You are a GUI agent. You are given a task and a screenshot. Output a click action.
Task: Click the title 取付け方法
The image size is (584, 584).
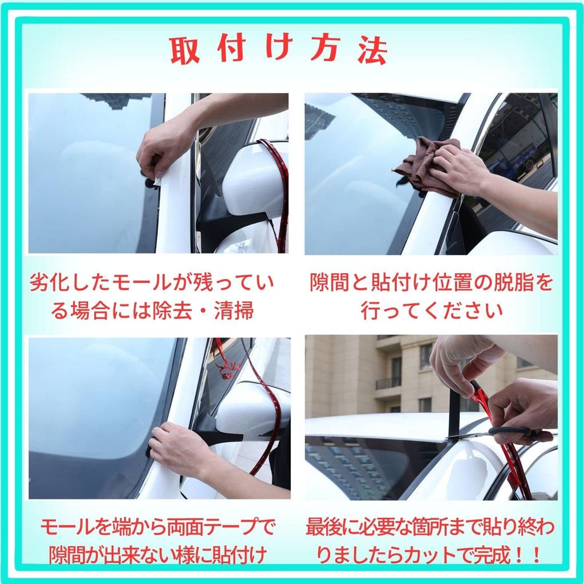279,50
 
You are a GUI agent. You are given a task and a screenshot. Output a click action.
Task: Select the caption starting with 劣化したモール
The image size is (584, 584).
152,297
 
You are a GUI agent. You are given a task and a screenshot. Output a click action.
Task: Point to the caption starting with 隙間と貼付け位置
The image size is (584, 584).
431,297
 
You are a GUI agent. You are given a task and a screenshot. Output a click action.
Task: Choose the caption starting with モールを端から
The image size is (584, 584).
158,541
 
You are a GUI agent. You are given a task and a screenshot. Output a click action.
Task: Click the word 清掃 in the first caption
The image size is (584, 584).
234,310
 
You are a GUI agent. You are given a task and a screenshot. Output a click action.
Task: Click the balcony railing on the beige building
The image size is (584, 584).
388,383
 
